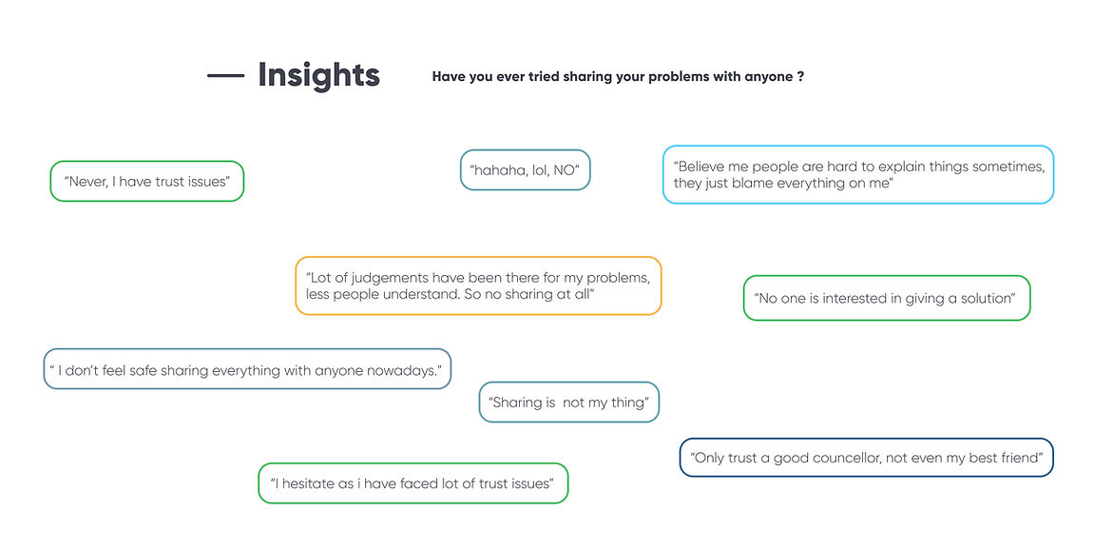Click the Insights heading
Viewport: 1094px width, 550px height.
click(x=318, y=75)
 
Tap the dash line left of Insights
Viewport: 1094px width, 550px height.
click(x=226, y=75)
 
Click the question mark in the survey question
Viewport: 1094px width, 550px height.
click(x=801, y=76)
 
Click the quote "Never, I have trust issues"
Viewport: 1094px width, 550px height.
click(x=147, y=182)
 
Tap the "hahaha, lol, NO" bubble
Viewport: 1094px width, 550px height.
click(x=526, y=169)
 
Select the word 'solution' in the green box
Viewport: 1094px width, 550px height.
click(x=987, y=299)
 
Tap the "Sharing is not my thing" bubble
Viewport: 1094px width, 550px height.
click(x=569, y=402)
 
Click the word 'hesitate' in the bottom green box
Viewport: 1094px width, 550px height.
click(x=307, y=483)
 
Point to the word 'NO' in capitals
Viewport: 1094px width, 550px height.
click(x=565, y=169)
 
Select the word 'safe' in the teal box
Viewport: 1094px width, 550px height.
click(x=143, y=370)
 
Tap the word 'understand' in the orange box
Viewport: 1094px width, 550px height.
click(x=423, y=294)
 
